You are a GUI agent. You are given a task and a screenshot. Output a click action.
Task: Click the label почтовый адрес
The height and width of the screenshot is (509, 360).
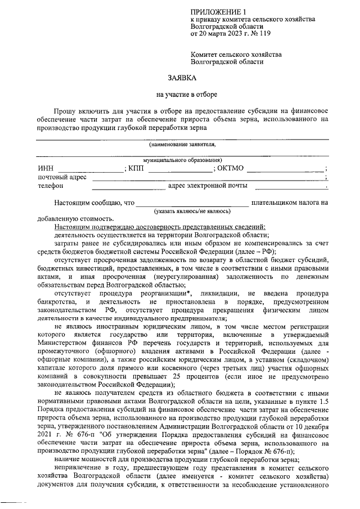pyautogui.click(x=62, y=177)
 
